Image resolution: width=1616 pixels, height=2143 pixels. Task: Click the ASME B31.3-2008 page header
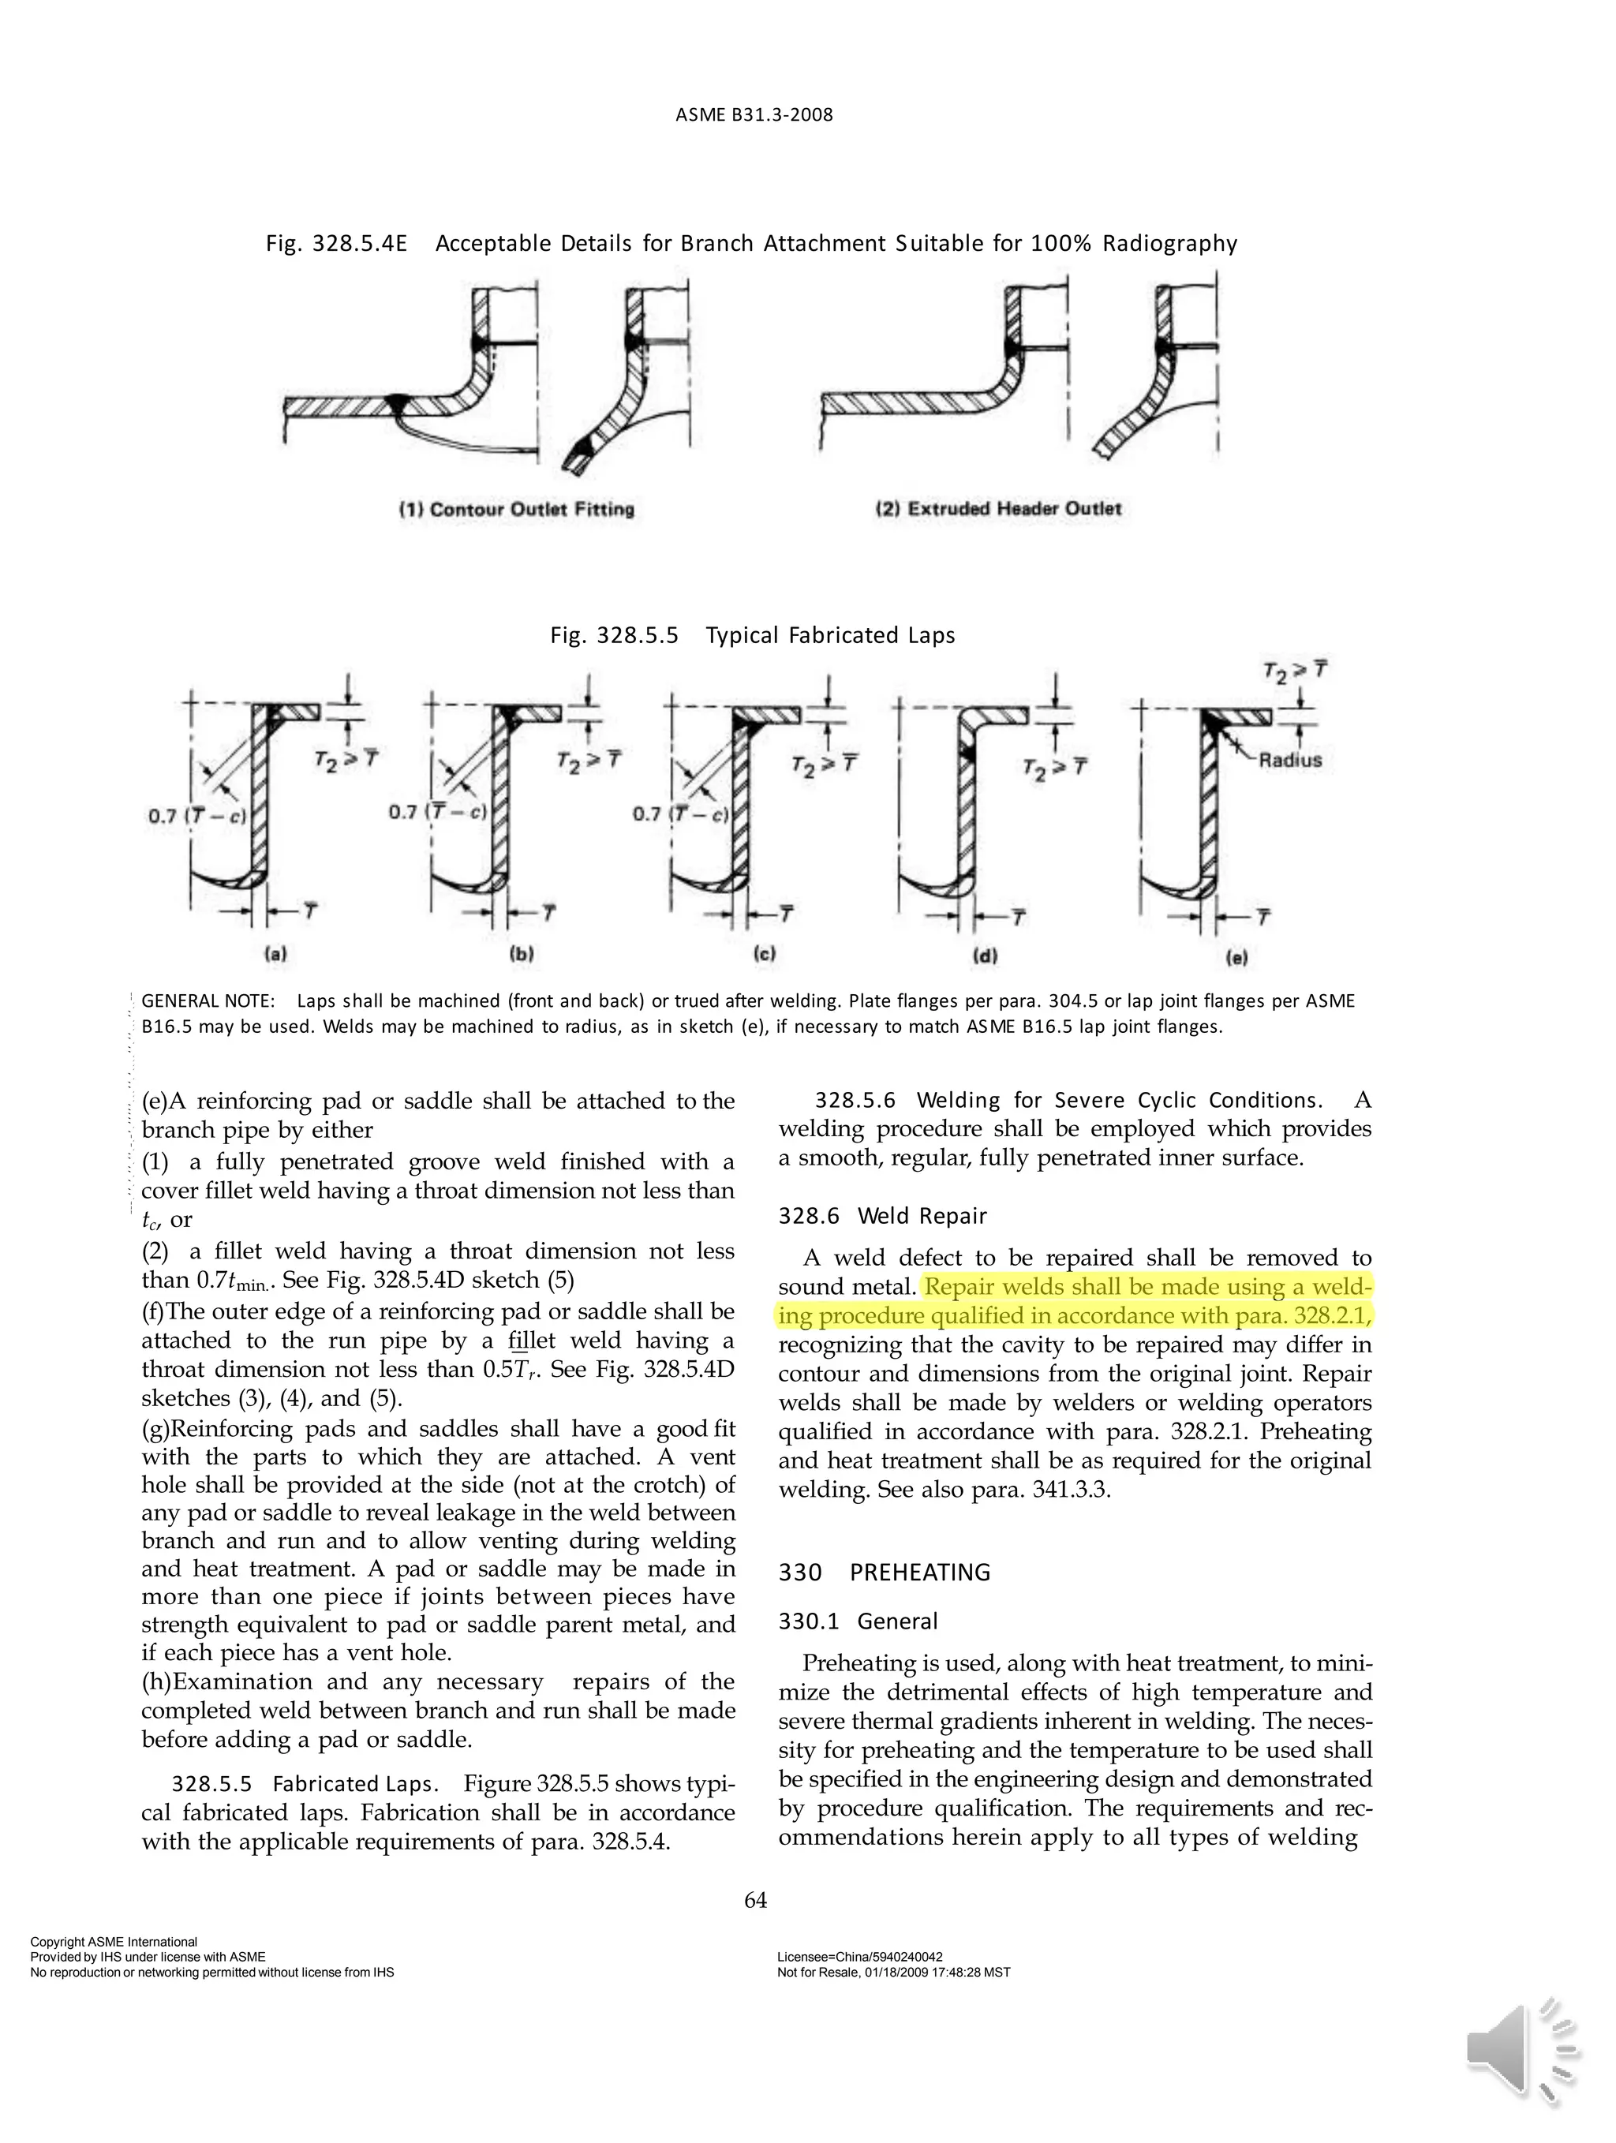(754, 115)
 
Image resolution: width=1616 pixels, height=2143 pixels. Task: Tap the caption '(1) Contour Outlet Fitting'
(516, 510)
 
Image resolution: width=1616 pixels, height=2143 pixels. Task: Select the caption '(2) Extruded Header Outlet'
(998, 509)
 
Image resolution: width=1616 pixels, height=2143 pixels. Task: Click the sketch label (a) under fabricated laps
(276, 953)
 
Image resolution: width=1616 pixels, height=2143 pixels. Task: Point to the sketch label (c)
(765, 953)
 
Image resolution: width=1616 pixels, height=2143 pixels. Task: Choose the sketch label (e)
(1236, 957)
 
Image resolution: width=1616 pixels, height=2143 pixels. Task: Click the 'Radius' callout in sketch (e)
(1290, 760)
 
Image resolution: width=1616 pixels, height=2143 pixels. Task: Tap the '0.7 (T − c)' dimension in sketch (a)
(196, 816)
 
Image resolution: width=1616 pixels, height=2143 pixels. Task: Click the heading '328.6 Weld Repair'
(881, 1216)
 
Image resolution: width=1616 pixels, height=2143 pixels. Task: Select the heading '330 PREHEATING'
(884, 1572)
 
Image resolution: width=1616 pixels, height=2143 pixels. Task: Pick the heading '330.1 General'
(858, 1621)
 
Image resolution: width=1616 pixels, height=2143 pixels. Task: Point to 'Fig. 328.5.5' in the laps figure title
(614, 635)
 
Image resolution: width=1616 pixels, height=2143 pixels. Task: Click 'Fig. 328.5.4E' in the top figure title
(336, 243)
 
